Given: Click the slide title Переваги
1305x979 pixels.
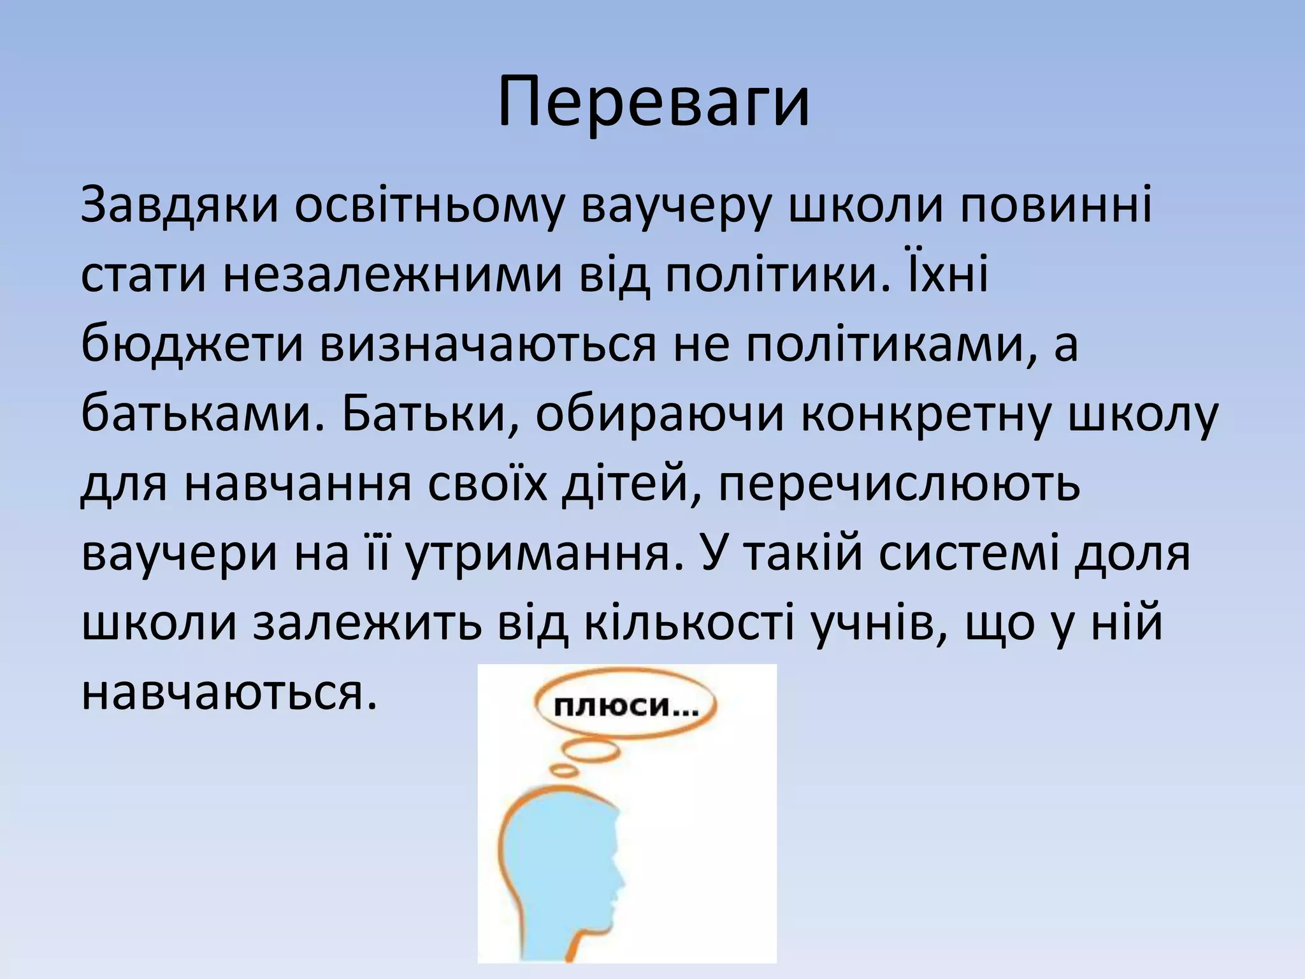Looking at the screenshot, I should point(652,102).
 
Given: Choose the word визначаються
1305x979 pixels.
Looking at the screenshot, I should point(488,345).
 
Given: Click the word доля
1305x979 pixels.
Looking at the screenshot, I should point(1132,553).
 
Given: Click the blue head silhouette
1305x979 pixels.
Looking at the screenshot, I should point(561,873).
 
